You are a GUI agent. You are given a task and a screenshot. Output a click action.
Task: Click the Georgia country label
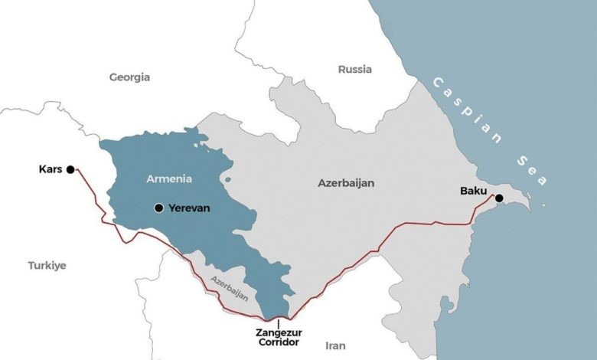pos(129,77)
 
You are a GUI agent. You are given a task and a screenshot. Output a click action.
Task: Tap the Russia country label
pos(354,70)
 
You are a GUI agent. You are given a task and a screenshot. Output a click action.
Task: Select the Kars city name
pos(51,169)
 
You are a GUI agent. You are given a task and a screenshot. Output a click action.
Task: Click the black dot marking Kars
pos(70,169)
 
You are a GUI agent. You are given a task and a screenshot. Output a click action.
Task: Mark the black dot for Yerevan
pos(158,208)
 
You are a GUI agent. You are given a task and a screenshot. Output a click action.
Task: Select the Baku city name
pos(473,190)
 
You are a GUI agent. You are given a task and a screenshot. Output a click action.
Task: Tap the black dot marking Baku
pos(499,198)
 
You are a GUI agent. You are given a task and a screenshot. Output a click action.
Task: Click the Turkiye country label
pos(47,265)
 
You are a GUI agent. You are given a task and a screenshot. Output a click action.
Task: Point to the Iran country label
pos(336,345)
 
